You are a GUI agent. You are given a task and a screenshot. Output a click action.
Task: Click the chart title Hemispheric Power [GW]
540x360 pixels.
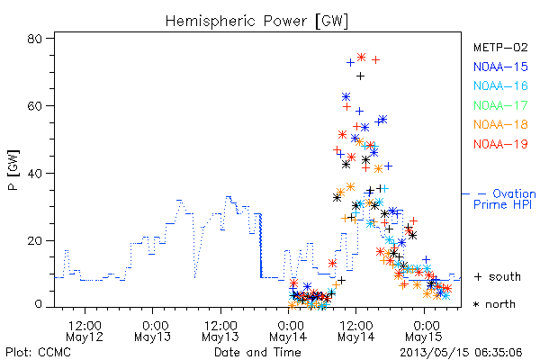tap(256, 22)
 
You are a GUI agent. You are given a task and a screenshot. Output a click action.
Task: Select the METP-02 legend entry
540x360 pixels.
tap(500, 47)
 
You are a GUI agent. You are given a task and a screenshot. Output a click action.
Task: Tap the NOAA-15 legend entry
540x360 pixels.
tap(500, 67)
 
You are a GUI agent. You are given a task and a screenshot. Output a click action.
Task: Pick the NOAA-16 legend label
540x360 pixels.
tap(500, 85)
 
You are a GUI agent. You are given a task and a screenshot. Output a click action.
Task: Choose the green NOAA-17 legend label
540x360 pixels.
tap(500, 105)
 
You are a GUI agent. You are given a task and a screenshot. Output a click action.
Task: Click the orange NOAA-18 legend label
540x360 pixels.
tap(500, 124)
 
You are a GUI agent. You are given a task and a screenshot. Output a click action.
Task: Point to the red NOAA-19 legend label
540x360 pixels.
tap(500, 144)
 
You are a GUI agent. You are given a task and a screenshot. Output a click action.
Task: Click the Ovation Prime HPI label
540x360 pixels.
tap(505, 199)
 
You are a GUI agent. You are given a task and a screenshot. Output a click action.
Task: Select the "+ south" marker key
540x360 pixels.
tap(498, 276)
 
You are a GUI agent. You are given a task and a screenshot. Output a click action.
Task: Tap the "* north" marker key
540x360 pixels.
tap(494, 304)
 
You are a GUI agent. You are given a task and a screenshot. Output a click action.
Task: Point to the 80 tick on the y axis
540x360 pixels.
tap(35, 39)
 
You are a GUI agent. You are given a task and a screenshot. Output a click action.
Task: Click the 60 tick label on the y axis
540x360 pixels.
tap(35, 106)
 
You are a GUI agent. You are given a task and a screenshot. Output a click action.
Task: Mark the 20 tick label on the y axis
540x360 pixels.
tap(35, 240)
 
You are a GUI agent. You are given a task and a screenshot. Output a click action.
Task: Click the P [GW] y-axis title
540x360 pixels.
tap(13, 170)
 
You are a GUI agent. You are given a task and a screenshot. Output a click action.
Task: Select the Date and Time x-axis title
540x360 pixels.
tap(257, 352)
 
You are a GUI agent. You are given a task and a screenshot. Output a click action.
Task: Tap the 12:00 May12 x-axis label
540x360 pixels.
tap(85, 331)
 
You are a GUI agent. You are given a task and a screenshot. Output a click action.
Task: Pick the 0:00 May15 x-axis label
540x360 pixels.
tap(424, 331)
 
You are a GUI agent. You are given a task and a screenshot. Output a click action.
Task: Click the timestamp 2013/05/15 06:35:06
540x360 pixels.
tap(461, 353)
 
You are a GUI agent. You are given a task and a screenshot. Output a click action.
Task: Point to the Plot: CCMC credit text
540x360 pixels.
tap(38, 353)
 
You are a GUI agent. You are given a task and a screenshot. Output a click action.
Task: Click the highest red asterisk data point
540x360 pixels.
tap(361, 58)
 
